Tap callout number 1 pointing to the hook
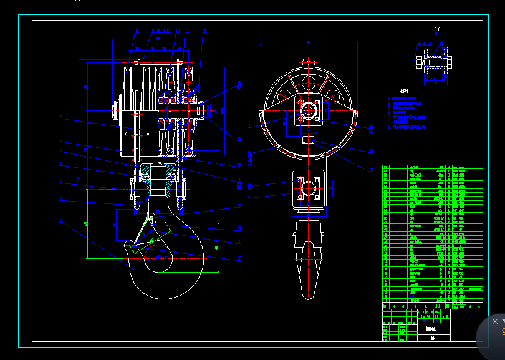[x=60, y=221]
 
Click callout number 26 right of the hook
[x=239, y=258]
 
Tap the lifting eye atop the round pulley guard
[x=308, y=62]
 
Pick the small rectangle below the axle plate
[x=308, y=140]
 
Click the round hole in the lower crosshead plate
[x=308, y=188]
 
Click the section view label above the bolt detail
[x=437, y=29]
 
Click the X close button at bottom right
[x=495, y=321]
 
